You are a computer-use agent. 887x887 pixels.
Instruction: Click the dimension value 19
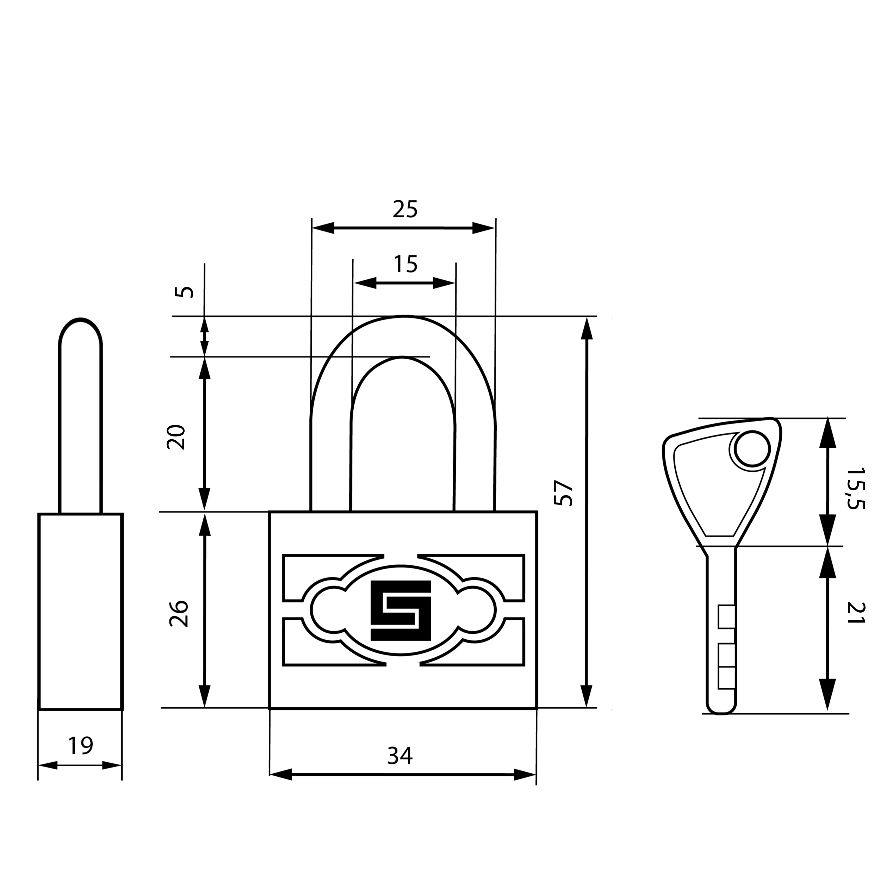pos(80,746)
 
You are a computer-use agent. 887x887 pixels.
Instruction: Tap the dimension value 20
pos(176,437)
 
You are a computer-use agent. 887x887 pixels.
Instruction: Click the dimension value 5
pos(185,292)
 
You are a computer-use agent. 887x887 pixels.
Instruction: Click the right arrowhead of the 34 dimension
pos(525,775)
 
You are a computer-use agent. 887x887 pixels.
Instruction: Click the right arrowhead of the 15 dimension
pos(443,283)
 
